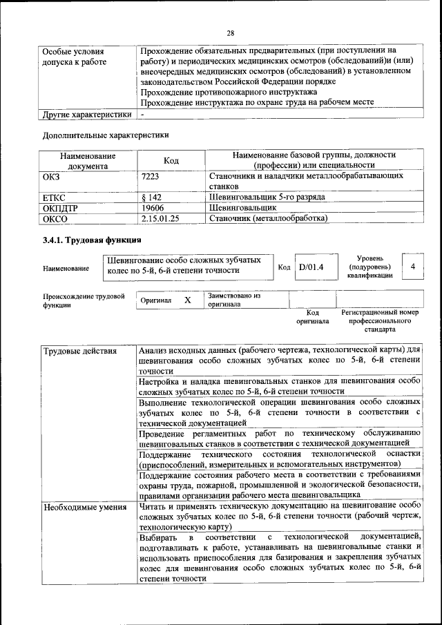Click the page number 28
point(231,33)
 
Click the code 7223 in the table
point(150,177)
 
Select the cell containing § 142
point(151,197)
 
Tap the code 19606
point(152,207)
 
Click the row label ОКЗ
point(52,177)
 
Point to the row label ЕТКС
point(55,197)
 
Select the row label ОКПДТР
point(60,207)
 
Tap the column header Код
point(171,161)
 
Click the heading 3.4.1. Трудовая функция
point(93,240)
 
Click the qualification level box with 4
point(412,266)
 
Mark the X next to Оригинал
point(187,300)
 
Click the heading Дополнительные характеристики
point(106,135)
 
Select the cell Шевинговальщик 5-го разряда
point(267,197)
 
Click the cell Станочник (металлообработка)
point(268,218)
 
